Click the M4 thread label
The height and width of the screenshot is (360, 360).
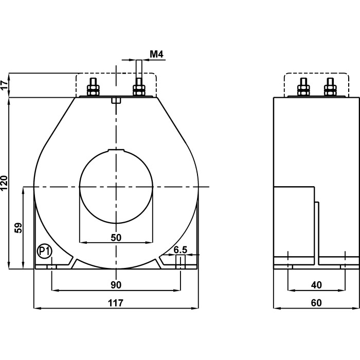coord(156,53)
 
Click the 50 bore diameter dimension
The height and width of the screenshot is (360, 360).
coord(116,237)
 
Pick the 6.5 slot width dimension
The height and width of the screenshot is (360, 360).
coord(180,250)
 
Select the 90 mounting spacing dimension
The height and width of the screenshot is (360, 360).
coord(116,285)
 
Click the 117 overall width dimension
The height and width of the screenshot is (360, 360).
coord(116,303)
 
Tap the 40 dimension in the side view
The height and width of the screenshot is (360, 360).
coord(316,285)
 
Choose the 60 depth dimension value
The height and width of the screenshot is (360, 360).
coord(316,303)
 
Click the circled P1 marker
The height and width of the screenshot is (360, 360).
coord(44,251)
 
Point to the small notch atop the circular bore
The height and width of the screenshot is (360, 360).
coord(116,150)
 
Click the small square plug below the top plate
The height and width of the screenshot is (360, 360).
coord(116,100)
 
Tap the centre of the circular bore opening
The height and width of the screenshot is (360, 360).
coord(116,186)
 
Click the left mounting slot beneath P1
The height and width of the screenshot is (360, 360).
coord(51,266)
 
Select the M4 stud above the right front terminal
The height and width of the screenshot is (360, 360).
coord(138,69)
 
